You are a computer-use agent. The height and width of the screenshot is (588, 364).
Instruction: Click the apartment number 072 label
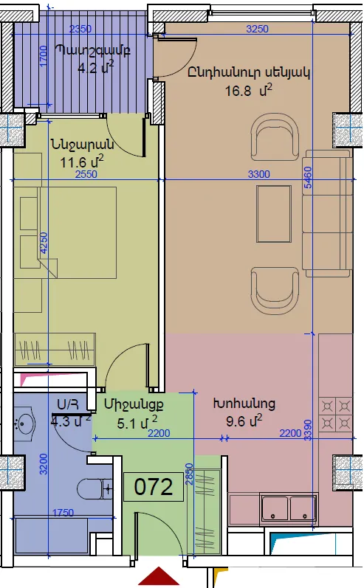click(x=154, y=487)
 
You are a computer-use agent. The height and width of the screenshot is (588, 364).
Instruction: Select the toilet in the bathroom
click(x=95, y=489)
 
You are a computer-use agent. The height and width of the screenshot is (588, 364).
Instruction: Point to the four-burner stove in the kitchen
click(x=335, y=415)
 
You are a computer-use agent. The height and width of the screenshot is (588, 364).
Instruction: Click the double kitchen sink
click(x=289, y=508)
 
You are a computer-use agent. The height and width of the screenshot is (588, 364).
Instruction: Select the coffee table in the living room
click(x=274, y=214)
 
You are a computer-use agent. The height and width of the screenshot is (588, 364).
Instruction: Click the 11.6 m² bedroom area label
click(x=82, y=162)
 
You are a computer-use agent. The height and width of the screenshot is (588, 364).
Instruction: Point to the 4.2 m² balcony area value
click(x=95, y=68)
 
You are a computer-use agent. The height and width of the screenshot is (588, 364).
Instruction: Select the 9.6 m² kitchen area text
click(x=244, y=421)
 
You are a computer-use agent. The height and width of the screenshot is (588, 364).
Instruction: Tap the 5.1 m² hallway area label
click(x=137, y=423)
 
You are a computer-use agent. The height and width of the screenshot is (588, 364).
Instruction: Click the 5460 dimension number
click(x=308, y=178)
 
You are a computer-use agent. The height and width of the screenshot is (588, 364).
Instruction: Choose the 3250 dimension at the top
click(x=258, y=29)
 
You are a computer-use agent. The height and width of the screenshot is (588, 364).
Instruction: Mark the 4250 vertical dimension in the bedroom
click(x=44, y=243)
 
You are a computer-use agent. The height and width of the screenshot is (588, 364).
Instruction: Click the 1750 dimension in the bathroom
click(x=63, y=513)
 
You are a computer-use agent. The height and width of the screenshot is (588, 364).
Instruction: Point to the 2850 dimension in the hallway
click(x=189, y=474)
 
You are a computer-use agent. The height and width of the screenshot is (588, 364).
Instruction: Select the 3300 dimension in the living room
click(x=259, y=174)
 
